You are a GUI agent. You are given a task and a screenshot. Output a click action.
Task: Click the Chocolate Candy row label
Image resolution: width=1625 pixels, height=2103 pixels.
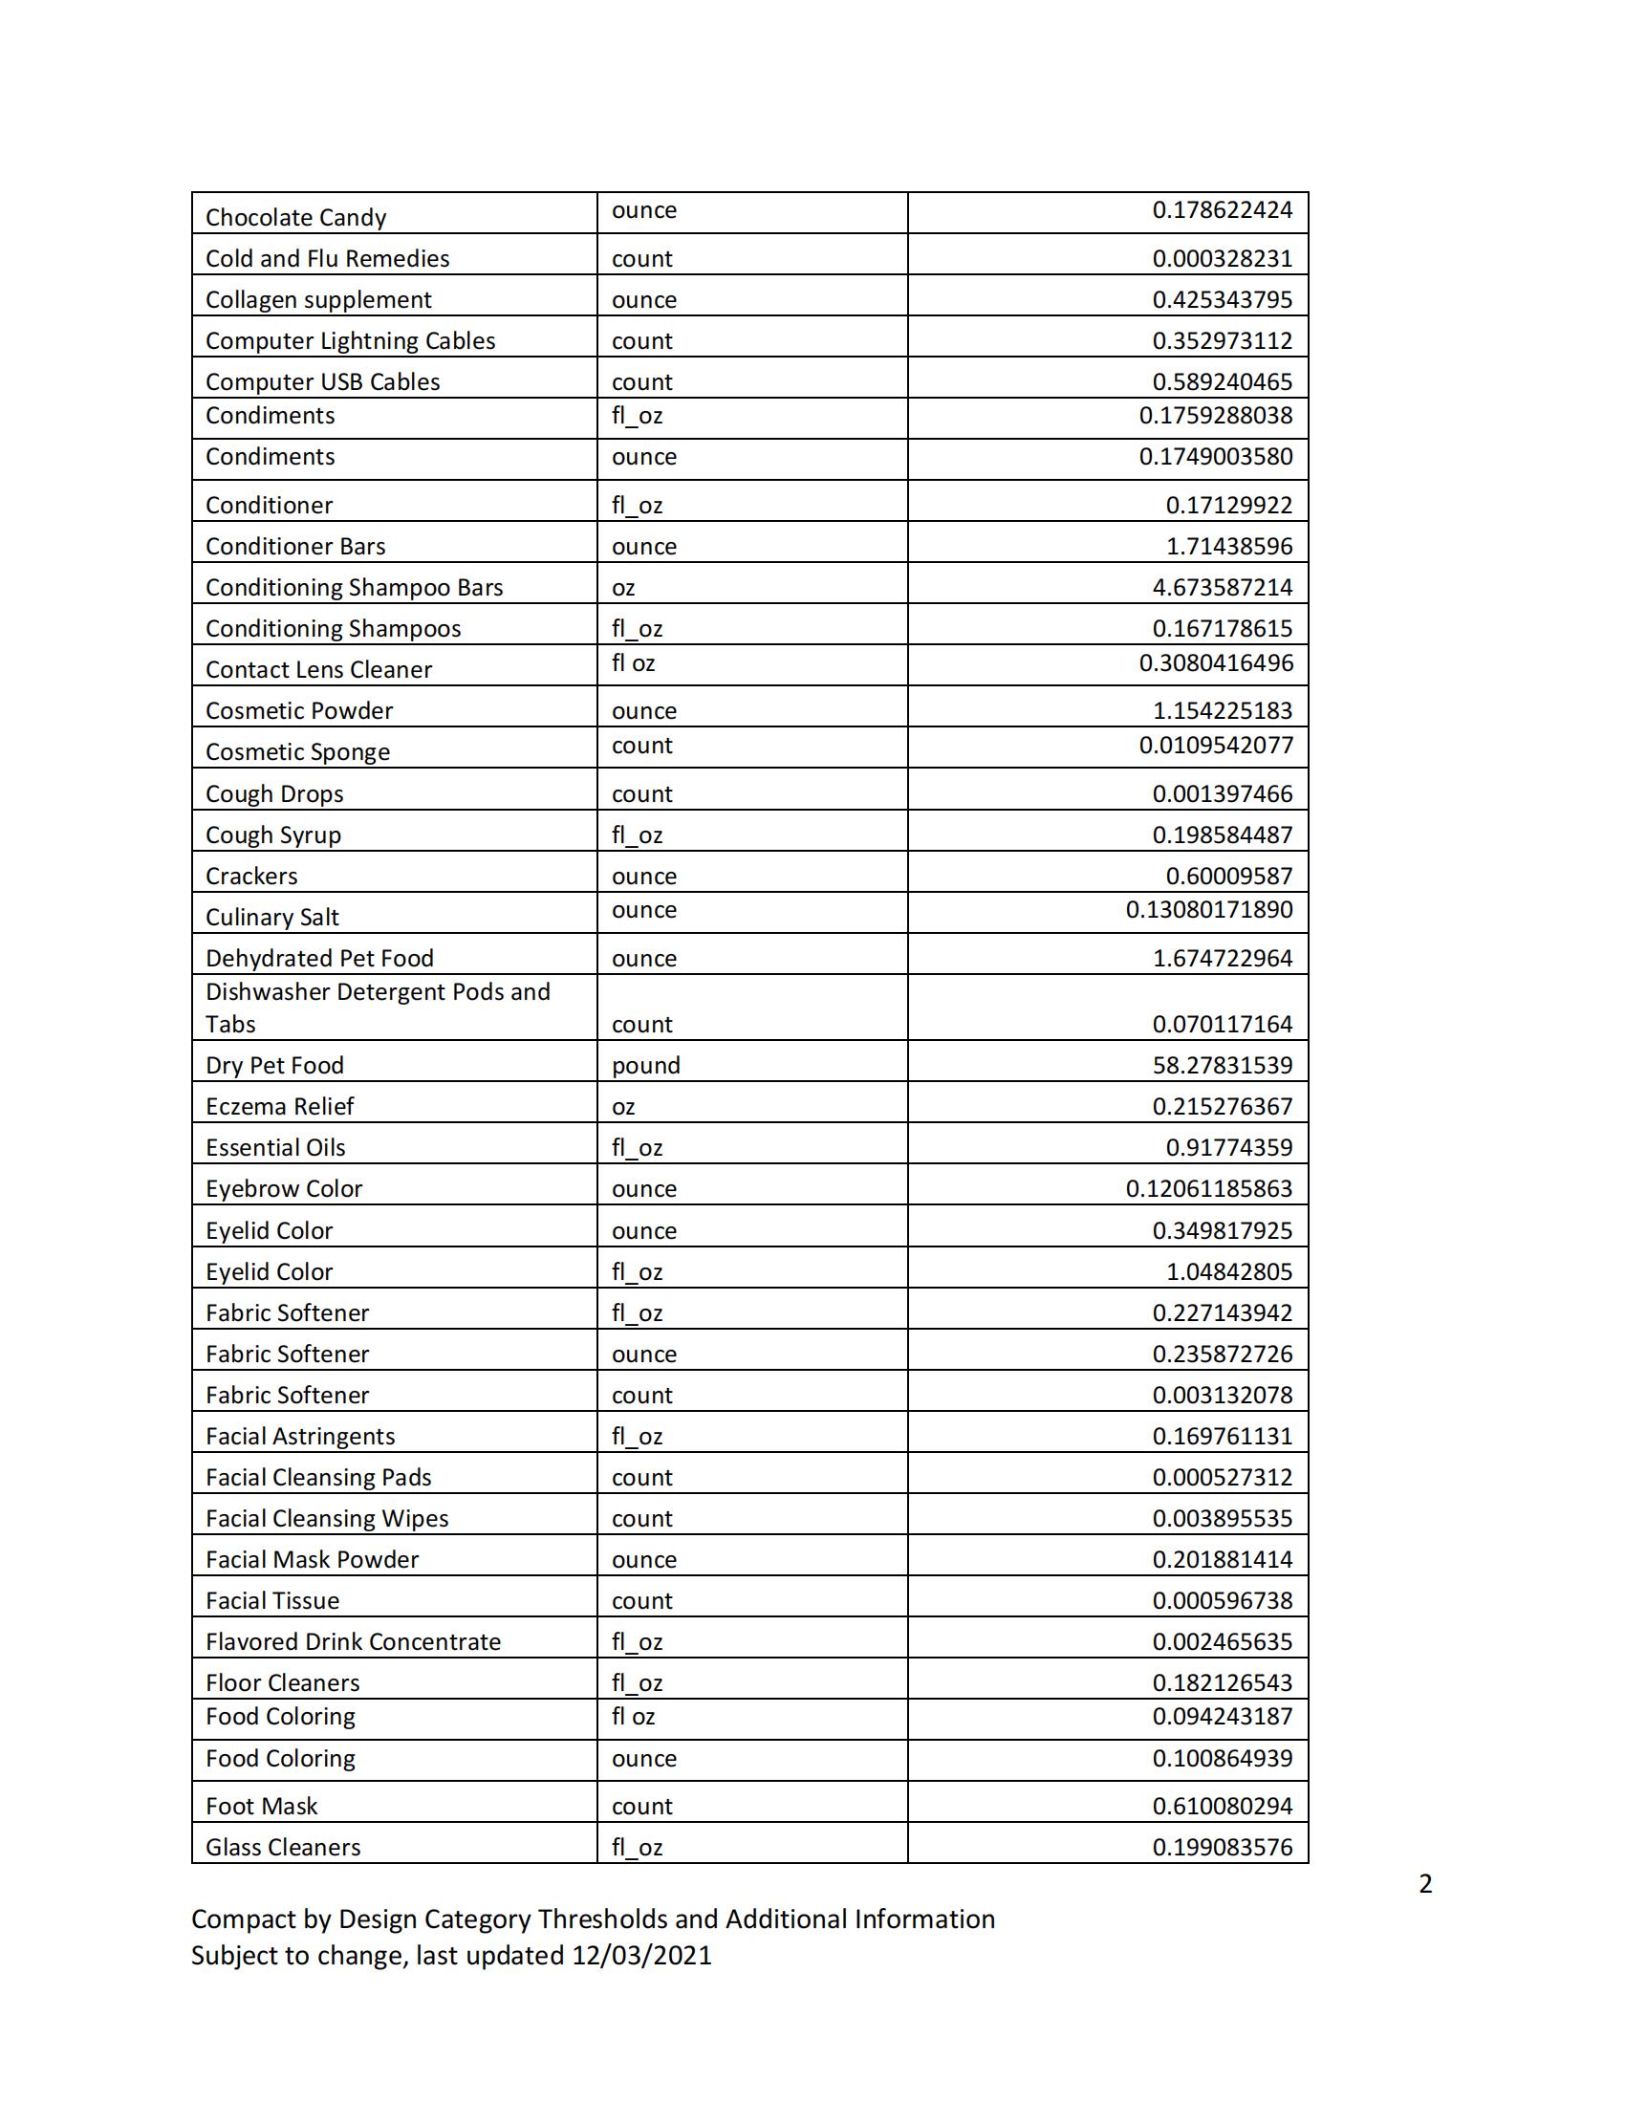[295, 218]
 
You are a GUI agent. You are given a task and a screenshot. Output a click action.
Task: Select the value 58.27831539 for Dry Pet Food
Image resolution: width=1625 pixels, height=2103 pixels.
[1223, 1065]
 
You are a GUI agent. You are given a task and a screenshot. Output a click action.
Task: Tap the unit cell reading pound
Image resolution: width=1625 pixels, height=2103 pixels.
[646, 1065]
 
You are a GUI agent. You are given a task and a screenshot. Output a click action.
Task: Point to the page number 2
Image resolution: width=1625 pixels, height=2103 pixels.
[1425, 1883]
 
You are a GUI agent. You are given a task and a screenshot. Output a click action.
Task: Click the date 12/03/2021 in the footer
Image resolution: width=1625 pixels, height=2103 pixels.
[641, 1956]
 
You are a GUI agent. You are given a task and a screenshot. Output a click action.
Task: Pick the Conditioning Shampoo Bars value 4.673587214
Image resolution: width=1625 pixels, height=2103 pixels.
[1223, 587]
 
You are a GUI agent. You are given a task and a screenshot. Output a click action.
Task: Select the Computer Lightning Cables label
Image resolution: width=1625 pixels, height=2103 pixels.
[351, 341]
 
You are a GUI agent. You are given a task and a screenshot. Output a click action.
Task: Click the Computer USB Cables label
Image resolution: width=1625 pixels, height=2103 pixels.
[322, 382]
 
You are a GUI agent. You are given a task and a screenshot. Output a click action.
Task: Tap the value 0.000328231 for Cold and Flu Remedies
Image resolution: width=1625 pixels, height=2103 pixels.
[1223, 259]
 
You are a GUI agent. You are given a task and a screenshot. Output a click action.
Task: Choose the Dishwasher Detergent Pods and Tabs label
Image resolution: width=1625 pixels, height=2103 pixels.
[378, 1008]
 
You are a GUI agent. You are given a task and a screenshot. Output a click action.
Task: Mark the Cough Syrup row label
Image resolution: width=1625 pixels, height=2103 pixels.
[273, 835]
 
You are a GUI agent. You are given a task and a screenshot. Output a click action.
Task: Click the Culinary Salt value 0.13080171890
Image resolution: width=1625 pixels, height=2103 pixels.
[1209, 910]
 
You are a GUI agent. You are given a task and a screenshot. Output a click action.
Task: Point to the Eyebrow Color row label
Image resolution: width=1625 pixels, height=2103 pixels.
[284, 1189]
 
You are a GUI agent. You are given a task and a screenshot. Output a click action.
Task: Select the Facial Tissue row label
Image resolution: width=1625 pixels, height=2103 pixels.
[272, 1600]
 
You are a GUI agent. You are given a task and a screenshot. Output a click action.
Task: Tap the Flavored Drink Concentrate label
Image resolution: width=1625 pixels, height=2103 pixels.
[354, 1641]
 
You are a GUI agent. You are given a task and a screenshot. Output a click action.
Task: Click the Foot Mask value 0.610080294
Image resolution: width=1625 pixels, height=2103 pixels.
[1223, 1807]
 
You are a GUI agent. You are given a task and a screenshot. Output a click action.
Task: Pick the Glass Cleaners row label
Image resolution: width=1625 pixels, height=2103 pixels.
[283, 1848]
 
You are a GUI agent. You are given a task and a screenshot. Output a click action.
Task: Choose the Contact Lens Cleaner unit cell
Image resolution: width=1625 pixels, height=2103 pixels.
[634, 663]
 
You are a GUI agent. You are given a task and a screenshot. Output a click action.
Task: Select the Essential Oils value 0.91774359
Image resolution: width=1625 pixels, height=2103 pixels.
[1229, 1148]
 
